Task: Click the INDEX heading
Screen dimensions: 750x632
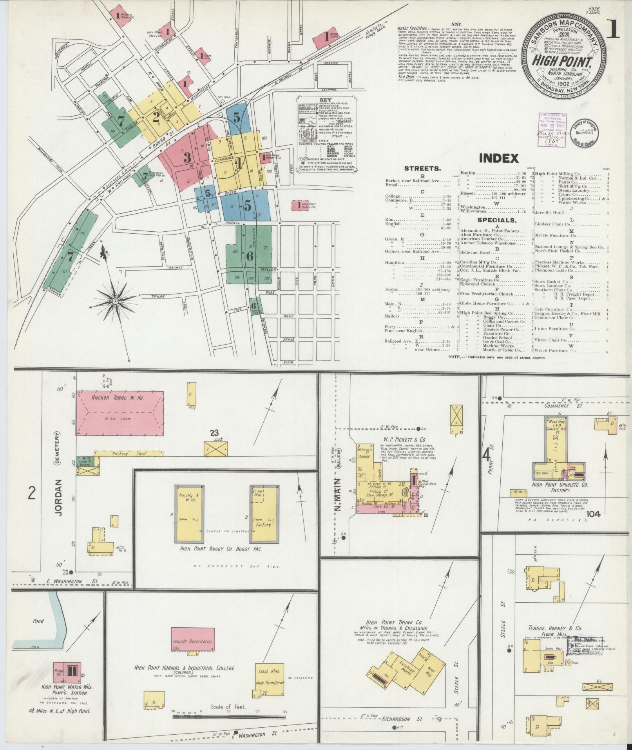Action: pos(499,158)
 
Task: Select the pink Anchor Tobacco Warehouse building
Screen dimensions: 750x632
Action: pos(120,413)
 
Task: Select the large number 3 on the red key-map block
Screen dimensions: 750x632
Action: pos(187,158)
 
